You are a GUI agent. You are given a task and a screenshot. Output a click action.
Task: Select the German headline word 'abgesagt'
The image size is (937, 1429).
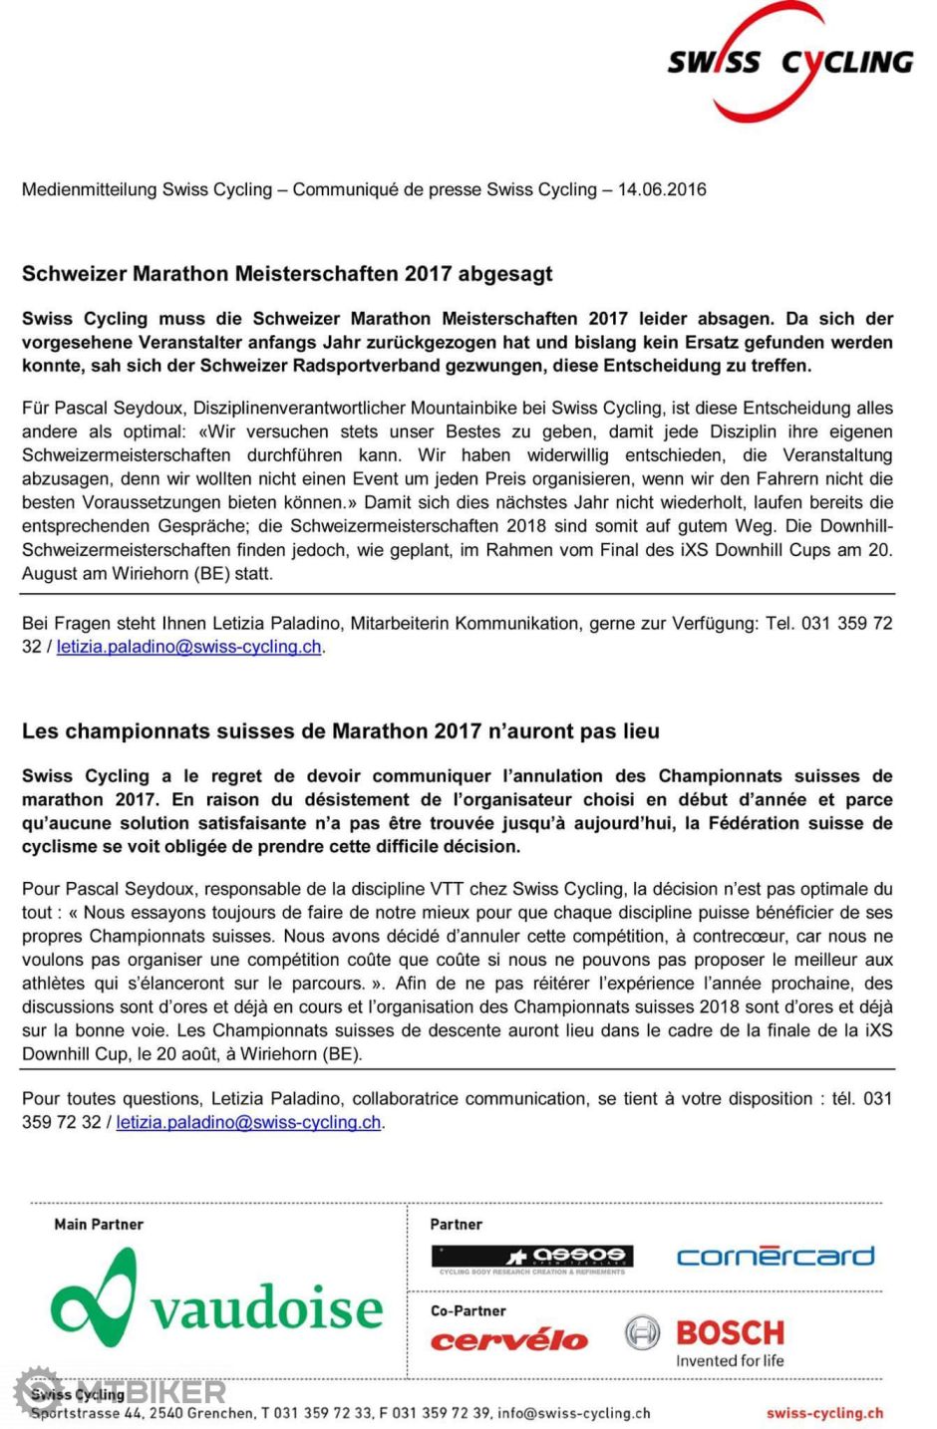click(x=506, y=274)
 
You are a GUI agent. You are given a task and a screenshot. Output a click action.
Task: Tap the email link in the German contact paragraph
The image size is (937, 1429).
click(x=188, y=647)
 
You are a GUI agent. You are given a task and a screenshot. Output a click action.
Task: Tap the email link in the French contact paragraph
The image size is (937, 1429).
click(x=248, y=1122)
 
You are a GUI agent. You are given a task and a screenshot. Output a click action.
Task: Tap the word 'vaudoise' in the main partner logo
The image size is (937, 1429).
click(x=267, y=1307)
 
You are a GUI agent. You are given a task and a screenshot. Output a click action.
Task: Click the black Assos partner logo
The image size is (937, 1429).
click(x=532, y=1258)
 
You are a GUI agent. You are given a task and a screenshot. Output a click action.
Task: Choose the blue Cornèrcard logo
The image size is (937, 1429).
click(x=776, y=1256)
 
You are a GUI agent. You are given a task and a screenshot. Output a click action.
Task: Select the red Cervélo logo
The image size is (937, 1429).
click(x=508, y=1341)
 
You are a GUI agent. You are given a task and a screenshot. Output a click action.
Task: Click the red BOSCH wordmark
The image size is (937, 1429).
click(x=731, y=1332)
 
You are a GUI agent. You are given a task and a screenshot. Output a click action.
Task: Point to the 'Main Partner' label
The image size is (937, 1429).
click(x=99, y=1225)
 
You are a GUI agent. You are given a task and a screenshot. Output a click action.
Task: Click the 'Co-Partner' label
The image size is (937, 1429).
click(x=468, y=1311)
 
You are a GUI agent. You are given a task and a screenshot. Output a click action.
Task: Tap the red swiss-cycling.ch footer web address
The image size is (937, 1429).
click(x=824, y=1412)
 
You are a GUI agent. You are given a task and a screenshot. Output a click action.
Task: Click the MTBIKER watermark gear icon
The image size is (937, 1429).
click(x=38, y=1390)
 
